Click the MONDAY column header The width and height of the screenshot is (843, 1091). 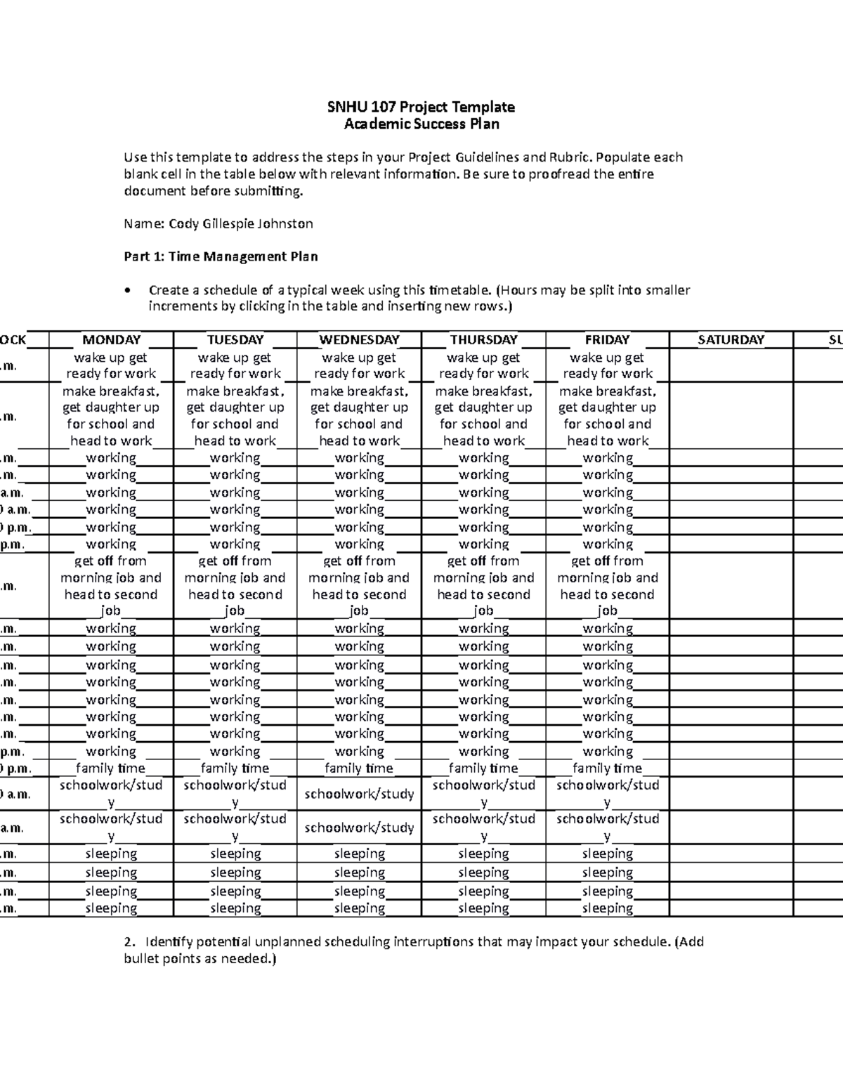[111, 340]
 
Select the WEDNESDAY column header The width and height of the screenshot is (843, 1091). [359, 340]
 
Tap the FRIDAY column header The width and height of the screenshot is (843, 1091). [607, 340]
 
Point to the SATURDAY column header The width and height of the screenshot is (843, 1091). [731, 340]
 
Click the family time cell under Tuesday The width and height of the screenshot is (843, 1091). [235, 769]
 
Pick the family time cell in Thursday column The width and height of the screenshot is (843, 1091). [483, 769]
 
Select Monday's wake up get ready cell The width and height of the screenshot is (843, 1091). [111, 365]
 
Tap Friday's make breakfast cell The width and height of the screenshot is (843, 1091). [607, 416]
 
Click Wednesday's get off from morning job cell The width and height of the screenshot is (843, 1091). [359, 586]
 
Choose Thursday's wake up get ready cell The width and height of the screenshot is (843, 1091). [483, 365]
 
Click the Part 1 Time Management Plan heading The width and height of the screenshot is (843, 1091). [221, 257]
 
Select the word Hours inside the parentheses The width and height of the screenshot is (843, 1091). [520, 290]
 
